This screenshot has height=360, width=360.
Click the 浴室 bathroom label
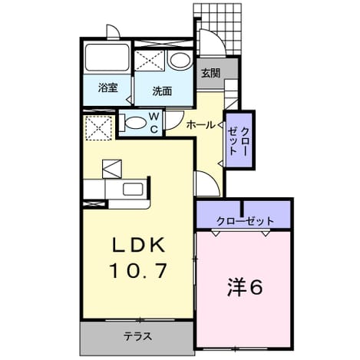pyautogui.click(x=108, y=88)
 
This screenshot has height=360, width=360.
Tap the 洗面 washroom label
pyautogui.click(x=162, y=91)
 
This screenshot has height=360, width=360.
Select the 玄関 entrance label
pyautogui.click(x=210, y=74)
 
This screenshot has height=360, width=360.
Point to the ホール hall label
pyautogui.click(x=201, y=125)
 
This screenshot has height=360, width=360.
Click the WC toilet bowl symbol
pyautogui.click(x=134, y=123)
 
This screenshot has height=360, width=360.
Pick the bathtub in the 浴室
pyautogui.click(x=107, y=58)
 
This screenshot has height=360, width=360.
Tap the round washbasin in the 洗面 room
pyautogui.click(x=180, y=61)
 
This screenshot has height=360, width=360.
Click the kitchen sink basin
pyautogui.click(x=133, y=190)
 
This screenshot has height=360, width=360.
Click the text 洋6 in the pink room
pyautogui.click(x=245, y=287)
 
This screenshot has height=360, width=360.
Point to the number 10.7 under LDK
pyautogui.click(x=138, y=271)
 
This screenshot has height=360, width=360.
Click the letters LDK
pyautogui.click(x=138, y=245)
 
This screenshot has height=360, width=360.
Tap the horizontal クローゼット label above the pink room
pyautogui.click(x=245, y=221)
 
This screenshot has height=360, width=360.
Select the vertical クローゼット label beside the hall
pyautogui.click(x=239, y=141)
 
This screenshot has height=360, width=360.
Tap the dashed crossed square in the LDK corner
pyautogui.click(x=98, y=127)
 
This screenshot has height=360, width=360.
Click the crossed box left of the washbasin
pyautogui.click(x=149, y=61)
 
